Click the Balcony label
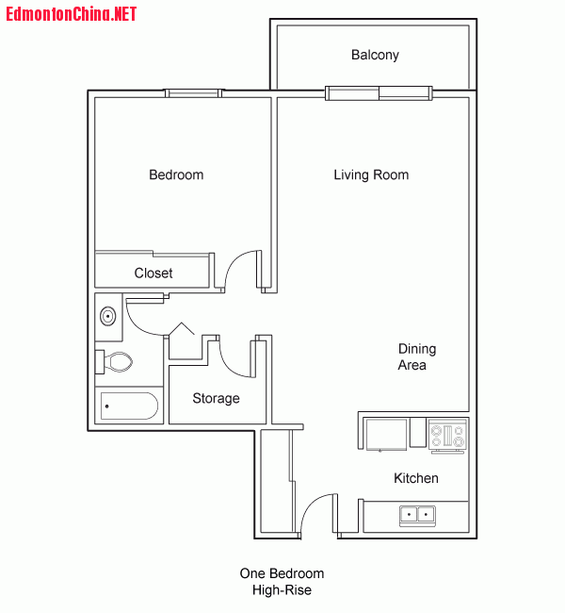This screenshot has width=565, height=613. tap(375, 55)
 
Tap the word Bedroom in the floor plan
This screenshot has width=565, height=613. tap(176, 174)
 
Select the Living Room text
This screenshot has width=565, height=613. tap(371, 175)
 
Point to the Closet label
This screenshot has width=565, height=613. tap(153, 273)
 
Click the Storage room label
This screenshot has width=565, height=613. tap(216, 398)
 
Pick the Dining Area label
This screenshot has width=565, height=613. tap(417, 356)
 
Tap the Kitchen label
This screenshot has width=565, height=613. tap(416, 478)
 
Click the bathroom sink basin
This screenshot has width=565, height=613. tap(107, 316)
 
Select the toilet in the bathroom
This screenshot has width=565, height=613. tap(114, 361)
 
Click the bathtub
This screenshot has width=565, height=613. tap(129, 406)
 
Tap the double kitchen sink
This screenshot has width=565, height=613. tap(417, 516)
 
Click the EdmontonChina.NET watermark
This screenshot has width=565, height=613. tap(71, 14)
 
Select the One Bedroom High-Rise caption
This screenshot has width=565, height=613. tap(282, 582)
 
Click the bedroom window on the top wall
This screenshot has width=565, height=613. tap(193, 93)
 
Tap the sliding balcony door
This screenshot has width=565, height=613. tap(379, 93)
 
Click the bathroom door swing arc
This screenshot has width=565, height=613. tap(137, 325)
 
